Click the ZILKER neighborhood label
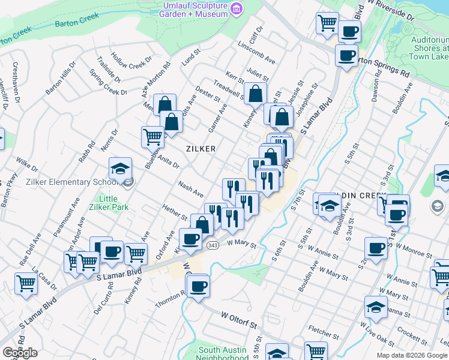pyautogui.click(x=200, y=148)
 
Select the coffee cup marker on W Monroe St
pyautogui.click(x=376, y=247)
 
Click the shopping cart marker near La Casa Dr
pyautogui.click(x=26, y=283)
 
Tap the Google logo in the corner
pyautogui.click(x=20, y=352)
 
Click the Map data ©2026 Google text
pyautogui.click(x=412, y=355)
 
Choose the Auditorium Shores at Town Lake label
pyautogui.click(x=430, y=48)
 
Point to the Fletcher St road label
pyautogui.click(x=324, y=329)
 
